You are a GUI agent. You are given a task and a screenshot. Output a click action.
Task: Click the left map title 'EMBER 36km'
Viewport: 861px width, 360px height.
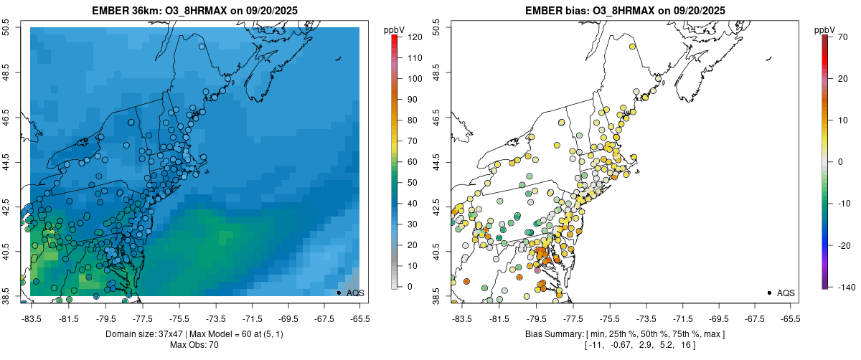[x=126, y=11]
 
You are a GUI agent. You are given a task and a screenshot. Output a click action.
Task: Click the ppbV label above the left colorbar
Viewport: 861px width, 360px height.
[x=394, y=29]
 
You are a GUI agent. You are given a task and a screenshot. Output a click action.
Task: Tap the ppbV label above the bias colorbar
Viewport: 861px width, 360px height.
[x=824, y=29]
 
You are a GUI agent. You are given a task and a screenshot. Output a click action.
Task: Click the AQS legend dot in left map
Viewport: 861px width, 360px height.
[x=339, y=293]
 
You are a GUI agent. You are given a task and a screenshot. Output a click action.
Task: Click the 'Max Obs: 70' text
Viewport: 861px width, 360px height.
[x=194, y=345]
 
